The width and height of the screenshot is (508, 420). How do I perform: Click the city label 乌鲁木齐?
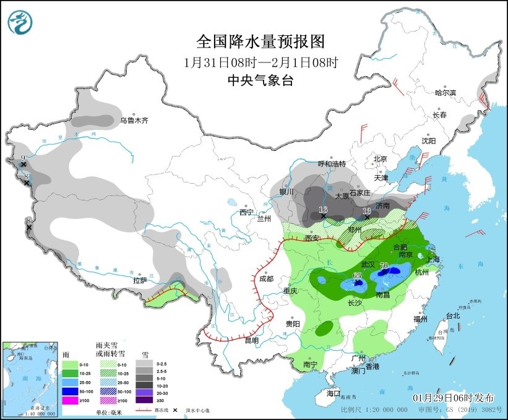[x=134, y=121]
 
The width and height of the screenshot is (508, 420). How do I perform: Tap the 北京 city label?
[x=380, y=159]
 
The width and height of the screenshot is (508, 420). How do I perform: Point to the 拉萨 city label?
[x=140, y=280]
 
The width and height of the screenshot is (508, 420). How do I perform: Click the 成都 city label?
[x=266, y=279]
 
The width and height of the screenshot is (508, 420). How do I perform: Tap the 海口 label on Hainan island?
[x=334, y=393]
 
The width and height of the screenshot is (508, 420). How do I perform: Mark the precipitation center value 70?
[x=384, y=267]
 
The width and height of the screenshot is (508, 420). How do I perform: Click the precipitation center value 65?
[x=357, y=275]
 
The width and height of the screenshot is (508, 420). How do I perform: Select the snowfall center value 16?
[x=322, y=210]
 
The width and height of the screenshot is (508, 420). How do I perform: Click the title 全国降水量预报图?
[x=260, y=41]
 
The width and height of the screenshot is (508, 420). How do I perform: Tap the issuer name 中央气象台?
[x=260, y=80]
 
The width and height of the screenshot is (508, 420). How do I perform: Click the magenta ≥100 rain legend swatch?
[x=70, y=400]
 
